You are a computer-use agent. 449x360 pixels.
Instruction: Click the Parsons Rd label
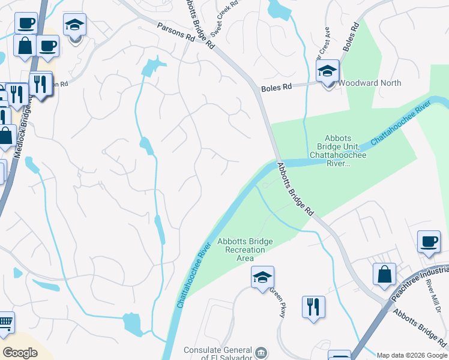pyautogui.click(x=176, y=32)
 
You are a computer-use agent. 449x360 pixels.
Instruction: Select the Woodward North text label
pyautogui.click(x=370, y=83)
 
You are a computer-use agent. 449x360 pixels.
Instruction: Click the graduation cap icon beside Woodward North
pyautogui.click(x=328, y=72)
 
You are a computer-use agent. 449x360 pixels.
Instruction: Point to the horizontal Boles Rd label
pyautogui.click(x=276, y=88)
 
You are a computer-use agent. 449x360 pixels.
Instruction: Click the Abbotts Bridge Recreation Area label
pyautogui.click(x=245, y=250)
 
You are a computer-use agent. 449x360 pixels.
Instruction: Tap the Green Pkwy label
pyautogui.click(x=278, y=302)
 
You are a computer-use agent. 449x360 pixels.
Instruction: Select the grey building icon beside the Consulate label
pyautogui.click(x=261, y=352)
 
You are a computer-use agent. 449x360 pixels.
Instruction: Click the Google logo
pyautogui.click(x=20, y=353)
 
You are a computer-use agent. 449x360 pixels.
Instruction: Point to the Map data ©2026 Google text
pyautogui.click(x=412, y=355)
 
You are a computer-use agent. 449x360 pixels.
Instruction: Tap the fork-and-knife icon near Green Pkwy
pyautogui.click(x=313, y=307)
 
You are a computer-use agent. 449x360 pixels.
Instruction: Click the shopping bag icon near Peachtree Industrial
pyautogui.click(x=384, y=275)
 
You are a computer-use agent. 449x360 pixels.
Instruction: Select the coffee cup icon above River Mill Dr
pyautogui.click(x=429, y=242)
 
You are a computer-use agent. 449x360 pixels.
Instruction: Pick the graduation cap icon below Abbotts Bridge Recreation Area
pyautogui.click(x=262, y=278)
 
